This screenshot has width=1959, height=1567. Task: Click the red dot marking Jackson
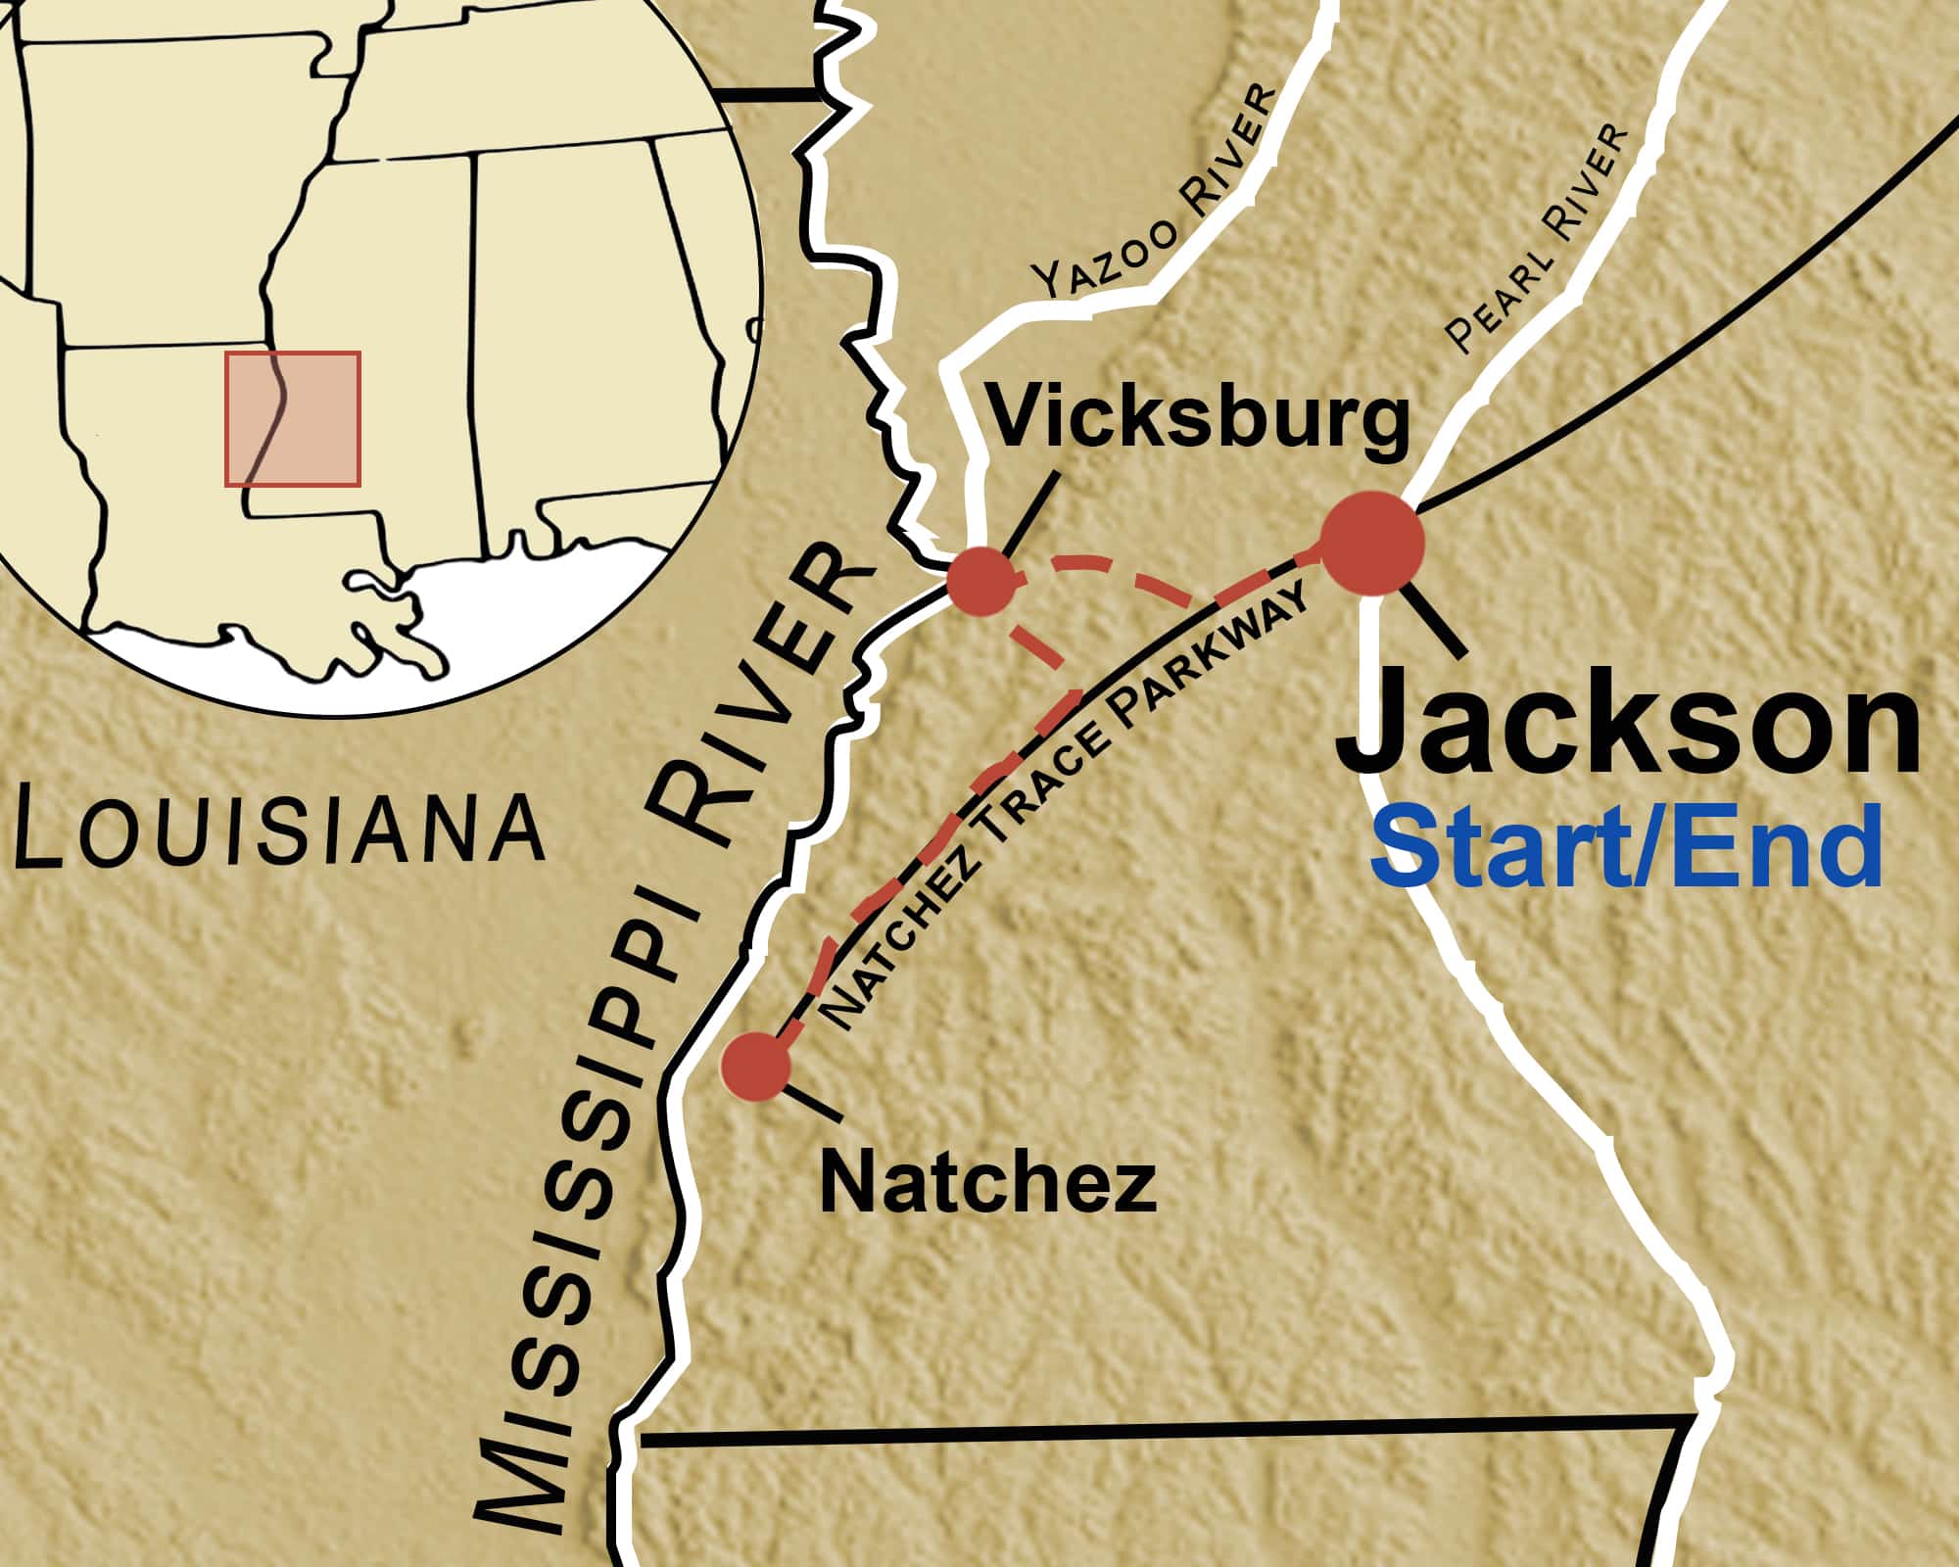[x=1372, y=544]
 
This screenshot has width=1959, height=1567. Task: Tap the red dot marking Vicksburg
[x=980, y=582]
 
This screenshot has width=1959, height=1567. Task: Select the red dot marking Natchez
[x=756, y=1066]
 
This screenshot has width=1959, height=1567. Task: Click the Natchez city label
[x=987, y=1183]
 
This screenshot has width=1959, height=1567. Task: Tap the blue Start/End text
[x=1626, y=847]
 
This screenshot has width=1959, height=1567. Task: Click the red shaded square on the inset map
[x=293, y=418]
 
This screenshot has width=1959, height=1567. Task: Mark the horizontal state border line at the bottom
[x=1156, y=1432]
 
